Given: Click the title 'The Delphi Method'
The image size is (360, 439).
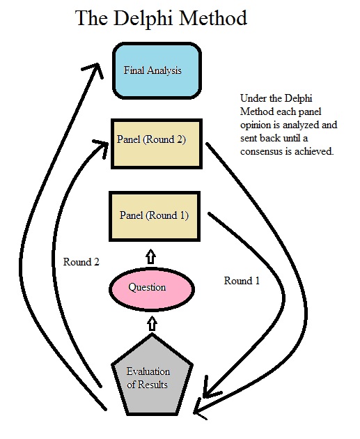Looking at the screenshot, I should (x=160, y=19).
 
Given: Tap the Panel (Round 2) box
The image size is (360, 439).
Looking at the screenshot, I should (x=157, y=143).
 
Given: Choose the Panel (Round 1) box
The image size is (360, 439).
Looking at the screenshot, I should (x=154, y=215).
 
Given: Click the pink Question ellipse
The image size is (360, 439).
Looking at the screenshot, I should (x=148, y=287).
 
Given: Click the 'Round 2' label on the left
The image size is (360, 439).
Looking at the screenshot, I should (x=81, y=262).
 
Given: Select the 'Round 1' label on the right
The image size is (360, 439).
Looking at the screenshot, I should (x=242, y=281).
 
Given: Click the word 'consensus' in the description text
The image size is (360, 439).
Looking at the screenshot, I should (x=259, y=151).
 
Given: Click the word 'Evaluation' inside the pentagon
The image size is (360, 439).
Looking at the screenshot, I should (x=148, y=371).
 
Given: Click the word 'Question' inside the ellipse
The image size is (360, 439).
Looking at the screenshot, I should (x=148, y=287).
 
